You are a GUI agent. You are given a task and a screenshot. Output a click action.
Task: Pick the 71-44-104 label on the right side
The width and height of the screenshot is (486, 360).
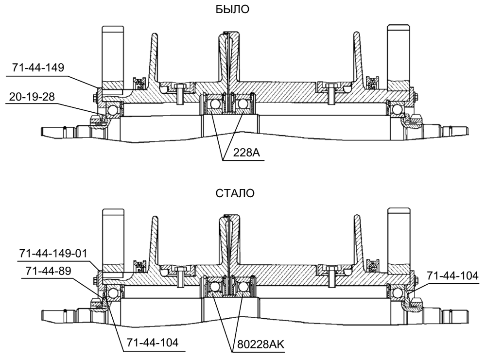452,276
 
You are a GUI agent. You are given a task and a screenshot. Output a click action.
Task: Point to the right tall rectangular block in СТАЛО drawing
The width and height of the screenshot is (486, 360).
399,238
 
